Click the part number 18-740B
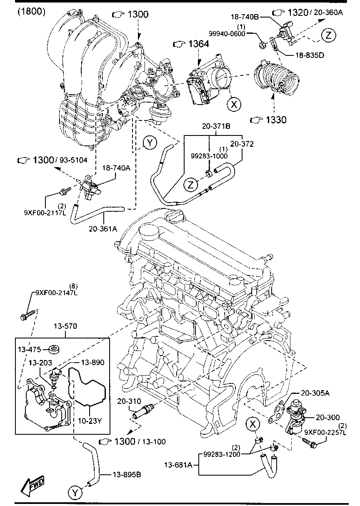pyautogui.click(x=245, y=17)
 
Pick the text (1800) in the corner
pyautogui.click(x=32, y=11)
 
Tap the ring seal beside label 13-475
pyautogui.click(x=53, y=349)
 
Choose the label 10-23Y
pyautogui.click(x=90, y=421)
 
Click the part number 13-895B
pyautogui.click(x=127, y=474)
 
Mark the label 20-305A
pyautogui.click(x=315, y=393)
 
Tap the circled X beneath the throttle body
pyautogui.click(x=235, y=105)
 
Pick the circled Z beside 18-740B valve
pyautogui.click(x=328, y=35)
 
